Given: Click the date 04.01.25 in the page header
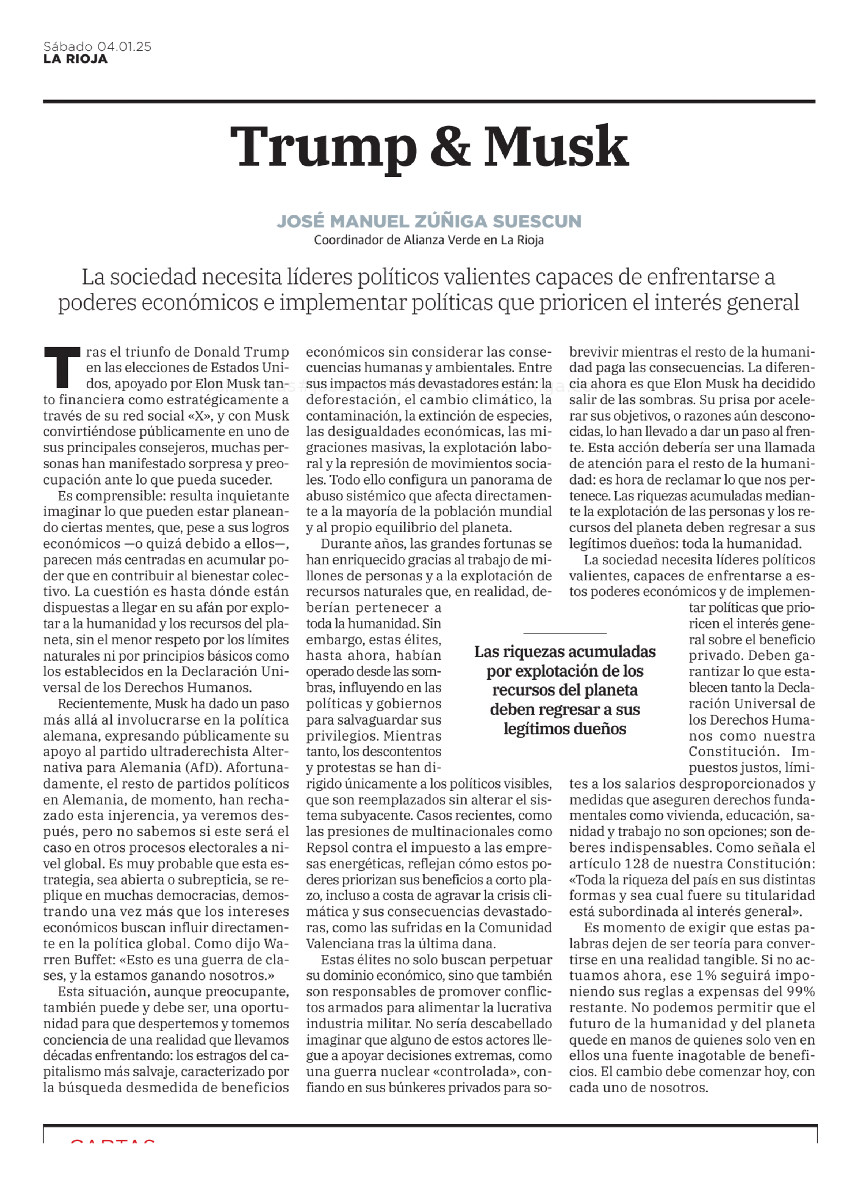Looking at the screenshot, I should [124, 47].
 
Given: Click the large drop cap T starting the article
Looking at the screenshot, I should [61, 366].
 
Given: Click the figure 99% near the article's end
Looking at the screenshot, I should [800, 992].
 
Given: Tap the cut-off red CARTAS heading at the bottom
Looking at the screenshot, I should [112, 1137].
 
